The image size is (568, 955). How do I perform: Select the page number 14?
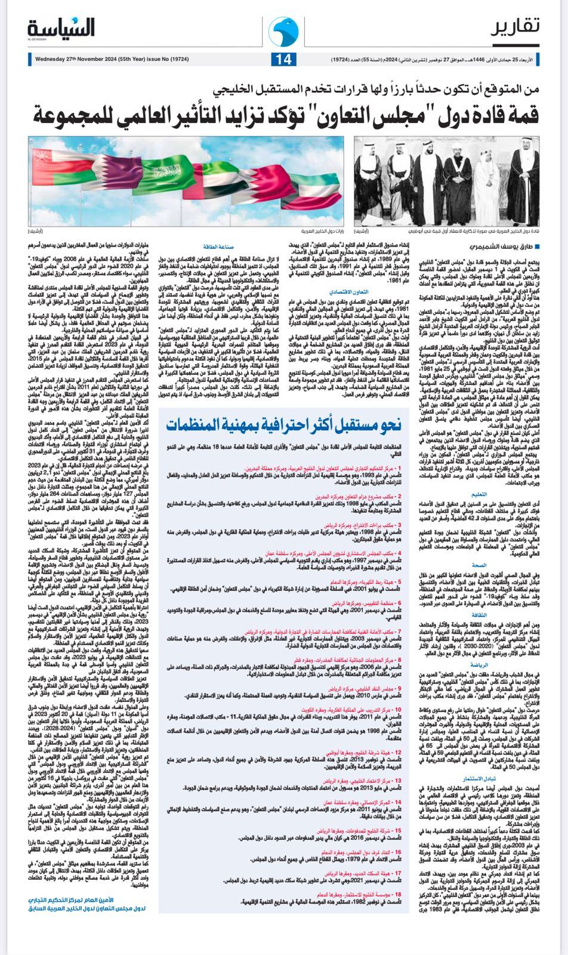(283, 60)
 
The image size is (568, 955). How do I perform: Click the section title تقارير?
(518, 27)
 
